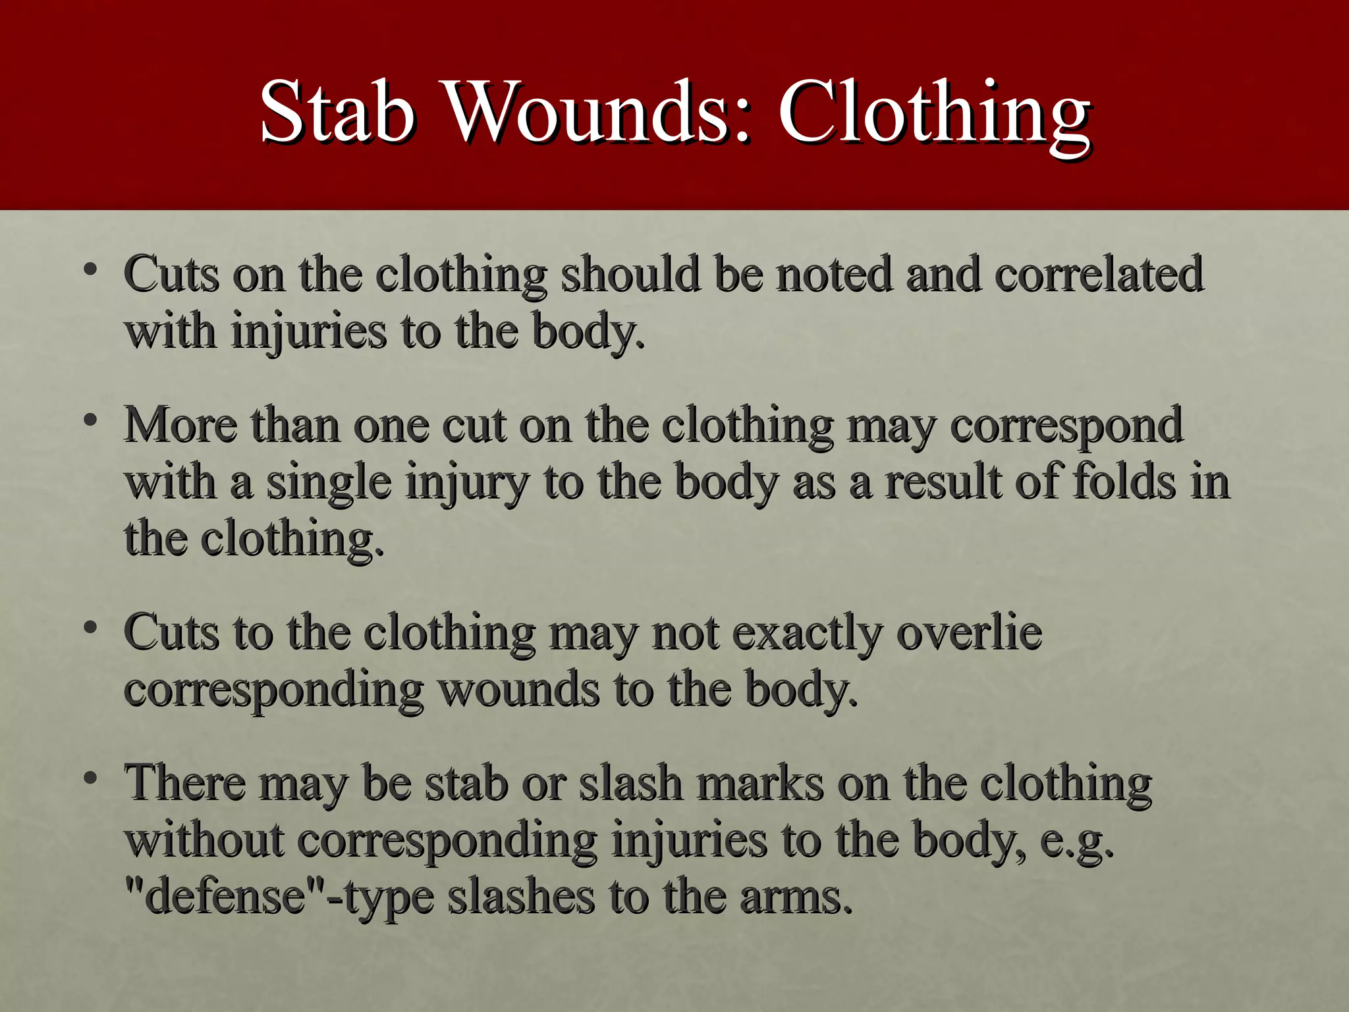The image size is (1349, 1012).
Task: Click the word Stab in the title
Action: pos(337,112)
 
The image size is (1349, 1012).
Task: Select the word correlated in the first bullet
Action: pos(1099,274)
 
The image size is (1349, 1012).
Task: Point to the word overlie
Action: pos(969,632)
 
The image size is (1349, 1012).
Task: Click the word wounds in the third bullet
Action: pos(519,689)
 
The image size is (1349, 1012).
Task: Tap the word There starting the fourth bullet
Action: pos(185,783)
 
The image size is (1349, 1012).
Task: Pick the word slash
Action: pos(631,783)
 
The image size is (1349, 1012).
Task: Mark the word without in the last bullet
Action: pos(204,841)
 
